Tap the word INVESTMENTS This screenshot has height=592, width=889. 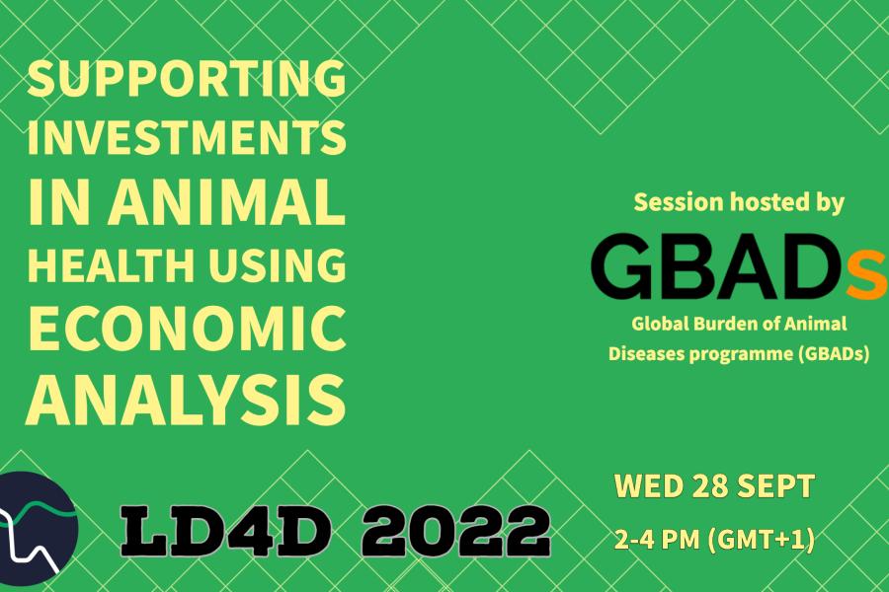click(x=187, y=137)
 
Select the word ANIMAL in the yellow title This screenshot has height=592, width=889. click(x=227, y=201)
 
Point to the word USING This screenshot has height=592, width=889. click(x=277, y=264)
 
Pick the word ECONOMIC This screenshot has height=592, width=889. click(x=187, y=329)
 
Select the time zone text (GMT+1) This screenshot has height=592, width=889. click(x=762, y=540)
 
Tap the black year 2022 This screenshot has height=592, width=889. click(x=455, y=532)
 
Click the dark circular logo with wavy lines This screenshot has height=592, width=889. click(x=38, y=529)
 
